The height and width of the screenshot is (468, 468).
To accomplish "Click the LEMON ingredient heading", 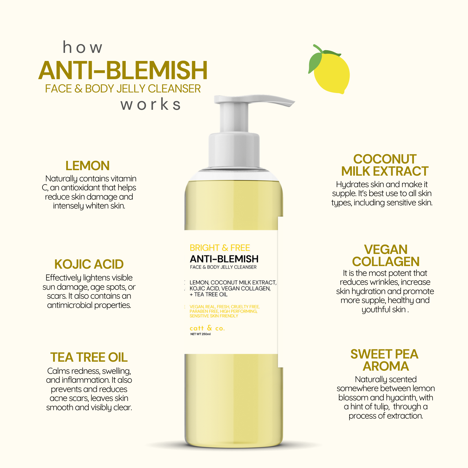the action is [x=88, y=166].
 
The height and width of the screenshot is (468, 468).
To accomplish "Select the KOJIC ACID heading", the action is [x=89, y=264].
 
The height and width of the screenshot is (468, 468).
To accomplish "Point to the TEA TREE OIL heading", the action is [x=89, y=357].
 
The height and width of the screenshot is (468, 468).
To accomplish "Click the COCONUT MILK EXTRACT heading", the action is [x=385, y=165].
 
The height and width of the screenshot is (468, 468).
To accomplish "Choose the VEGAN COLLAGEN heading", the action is [x=386, y=256].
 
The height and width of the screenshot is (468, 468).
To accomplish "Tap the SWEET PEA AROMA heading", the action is [x=385, y=360].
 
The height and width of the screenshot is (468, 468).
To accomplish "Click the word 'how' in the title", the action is [x=83, y=47].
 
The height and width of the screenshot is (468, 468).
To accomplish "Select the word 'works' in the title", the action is [x=151, y=104].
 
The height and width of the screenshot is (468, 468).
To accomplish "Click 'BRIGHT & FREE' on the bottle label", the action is [x=220, y=248].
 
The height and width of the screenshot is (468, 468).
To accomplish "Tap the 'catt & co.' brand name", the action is [x=207, y=328].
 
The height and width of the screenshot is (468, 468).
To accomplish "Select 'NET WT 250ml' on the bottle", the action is [x=200, y=334].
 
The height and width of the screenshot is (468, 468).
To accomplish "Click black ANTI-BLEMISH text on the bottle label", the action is [x=224, y=259].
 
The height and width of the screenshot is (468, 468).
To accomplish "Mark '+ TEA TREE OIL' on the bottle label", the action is [x=209, y=295].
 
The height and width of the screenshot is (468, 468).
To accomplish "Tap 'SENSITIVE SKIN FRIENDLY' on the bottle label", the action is [x=214, y=316].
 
